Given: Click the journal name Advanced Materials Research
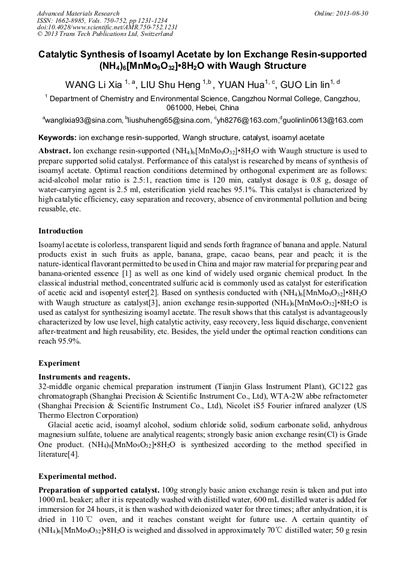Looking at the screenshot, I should tap(78, 13).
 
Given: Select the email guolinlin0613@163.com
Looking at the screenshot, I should tap(323, 120).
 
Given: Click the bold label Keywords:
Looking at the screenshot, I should tap(57, 138).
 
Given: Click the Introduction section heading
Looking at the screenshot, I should tap(60, 231).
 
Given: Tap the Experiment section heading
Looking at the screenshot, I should tap(59, 363).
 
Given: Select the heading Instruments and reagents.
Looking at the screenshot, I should tap(84, 377).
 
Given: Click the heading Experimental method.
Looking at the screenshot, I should tap(77, 476).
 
